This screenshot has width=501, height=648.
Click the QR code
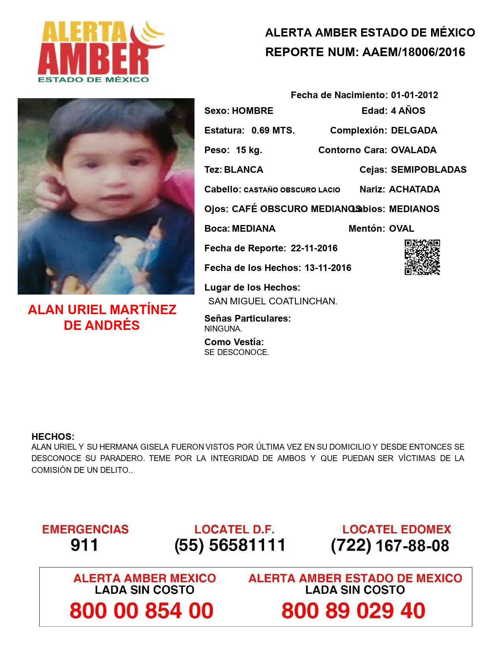pyautogui.click(x=422, y=257)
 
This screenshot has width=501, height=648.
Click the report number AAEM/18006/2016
pyautogui.click(x=413, y=52)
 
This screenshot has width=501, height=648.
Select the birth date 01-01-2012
pyautogui.click(x=414, y=95)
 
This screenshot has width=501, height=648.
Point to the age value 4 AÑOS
pyautogui.click(x=408, y=111)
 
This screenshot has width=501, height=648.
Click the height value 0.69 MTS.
pyautogui.click(x=273, y=130)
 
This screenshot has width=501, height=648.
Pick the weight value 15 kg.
pyautogui.click(x=249, y=150)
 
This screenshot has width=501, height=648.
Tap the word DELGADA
pyautogui.click(x=414, y=130)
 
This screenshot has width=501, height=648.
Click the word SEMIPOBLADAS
pyautogui.click(x=429, y=170)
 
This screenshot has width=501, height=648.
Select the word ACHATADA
pyautogui.click(x=414, y=189)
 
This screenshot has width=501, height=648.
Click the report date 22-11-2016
pyautogui.click(x=314, y=248)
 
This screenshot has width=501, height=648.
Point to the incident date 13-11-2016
pyautogui.click(x=328, y=268)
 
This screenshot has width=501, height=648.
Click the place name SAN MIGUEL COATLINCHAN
pyautogui.click(x=273, y=302)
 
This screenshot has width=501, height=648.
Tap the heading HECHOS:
pyautogui.click(x=53, y=437)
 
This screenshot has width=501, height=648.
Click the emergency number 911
pyautogui.click(x=84, y=545)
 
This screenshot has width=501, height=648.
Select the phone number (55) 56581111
pyautogui.click(x=230, y=545)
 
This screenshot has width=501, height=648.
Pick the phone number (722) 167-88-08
pyautogui.click(x=390, y=545)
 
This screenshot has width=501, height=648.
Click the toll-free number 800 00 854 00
pyautogui.click(x=141, y=611)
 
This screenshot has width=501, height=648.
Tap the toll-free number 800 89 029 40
pyautogui.click(x=353, y=611)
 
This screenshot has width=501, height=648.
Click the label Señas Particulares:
pyautogui.click(x=248, y=319)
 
